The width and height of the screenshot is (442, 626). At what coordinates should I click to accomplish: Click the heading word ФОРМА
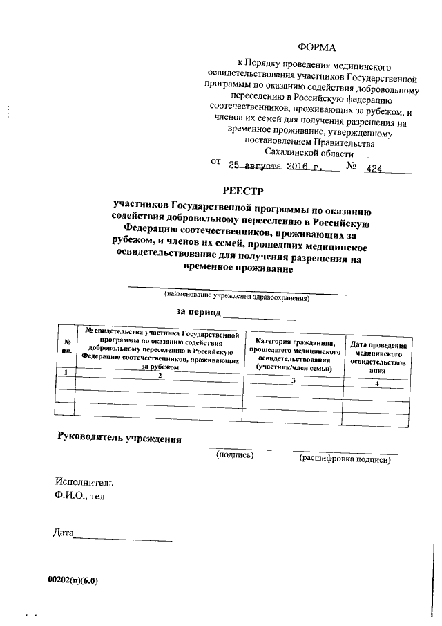316,47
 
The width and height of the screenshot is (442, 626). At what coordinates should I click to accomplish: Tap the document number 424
374,168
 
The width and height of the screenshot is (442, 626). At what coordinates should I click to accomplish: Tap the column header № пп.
67,346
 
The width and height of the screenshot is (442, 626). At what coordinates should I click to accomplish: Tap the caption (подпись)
235,455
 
